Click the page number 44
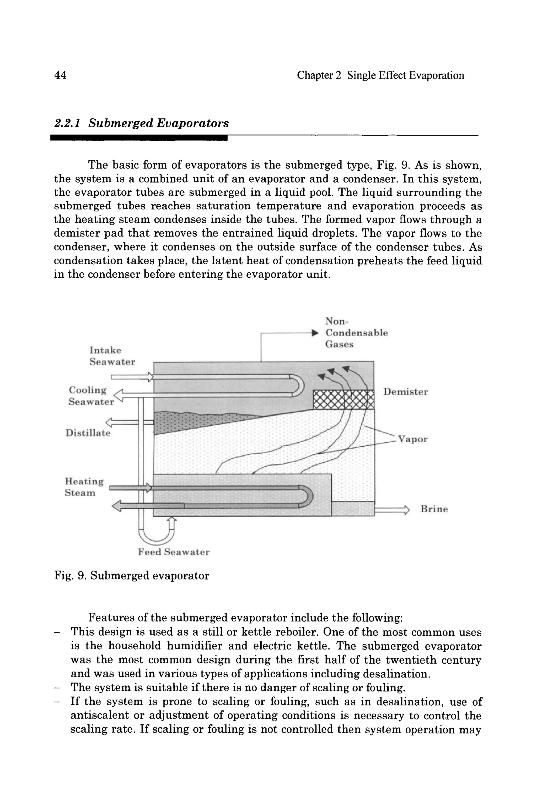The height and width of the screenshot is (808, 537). click(x=60, y=75)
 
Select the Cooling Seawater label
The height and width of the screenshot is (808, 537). click(x=91, y=396)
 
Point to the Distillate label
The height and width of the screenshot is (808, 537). click(x=88, y=433)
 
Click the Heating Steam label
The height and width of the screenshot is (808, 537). click(x=84, y=487)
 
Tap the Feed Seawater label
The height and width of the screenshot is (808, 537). click(x=174, y=552)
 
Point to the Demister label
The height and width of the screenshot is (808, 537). click(x=405, y=392)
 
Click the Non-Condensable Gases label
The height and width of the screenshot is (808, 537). click(x=356, y=333)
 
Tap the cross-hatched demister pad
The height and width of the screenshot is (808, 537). click(x=343, y=400)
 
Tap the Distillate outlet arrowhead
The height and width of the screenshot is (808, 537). click(x=110, y=422)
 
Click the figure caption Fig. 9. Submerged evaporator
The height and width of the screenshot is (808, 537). click(x=132, y=576)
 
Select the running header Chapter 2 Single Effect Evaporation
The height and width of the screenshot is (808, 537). click(x=380, y=75)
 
